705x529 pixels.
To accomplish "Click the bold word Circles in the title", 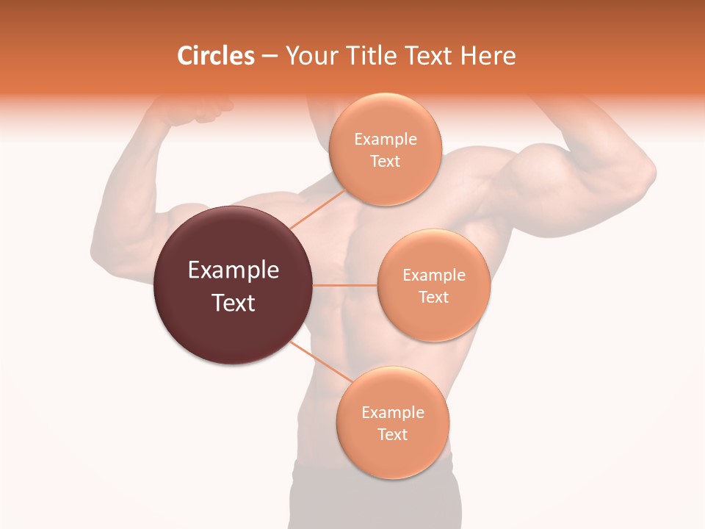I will click(x=215, y=56).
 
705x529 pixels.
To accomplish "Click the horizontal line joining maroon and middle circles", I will click(x=345, y=285).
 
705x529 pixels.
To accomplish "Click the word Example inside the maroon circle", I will click(x=234, y=270).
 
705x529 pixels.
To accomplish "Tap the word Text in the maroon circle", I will click(x=234, y=303).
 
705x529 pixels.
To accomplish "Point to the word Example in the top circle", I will click(x=385, y=139).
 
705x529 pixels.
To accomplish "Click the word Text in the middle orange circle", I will click(x=433, y=297).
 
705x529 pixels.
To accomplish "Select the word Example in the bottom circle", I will click(x=392, y=412).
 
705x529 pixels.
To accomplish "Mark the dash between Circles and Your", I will click(x=269, y=56).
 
